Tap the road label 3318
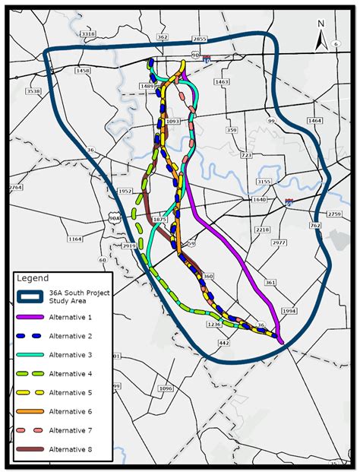pyautogui.click(x=88, y=34)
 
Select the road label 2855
pyautogui.click(x=200, y=38)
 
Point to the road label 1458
pyautogui.click(x=83, y=71)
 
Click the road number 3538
pyautogui.click(x=33, y=91)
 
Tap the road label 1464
pyautogui.click(x=314, y=121)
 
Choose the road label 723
pyautogui.click(x=246, y=155)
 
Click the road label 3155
pyautogui.click(x=264, y=182)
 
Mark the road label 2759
pyautogui.click(x=334, y=214)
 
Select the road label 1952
pyautogui.click(x=126, y=192)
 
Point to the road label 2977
pyautogui.click(x=279, y=243)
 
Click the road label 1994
pyautogui.click(x=289, y=312)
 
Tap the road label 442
pyautogui.click(x=223, y=344)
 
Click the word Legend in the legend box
pyautogui.click(x=33, y=278)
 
